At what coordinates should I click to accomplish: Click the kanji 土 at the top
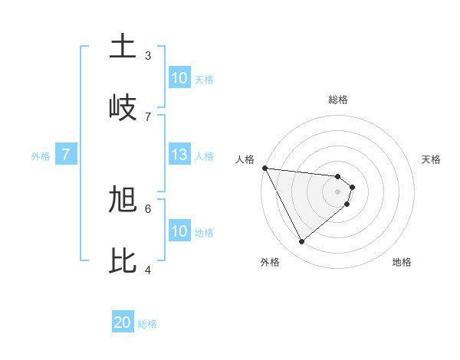(123, 47)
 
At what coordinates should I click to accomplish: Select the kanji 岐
(123, 106)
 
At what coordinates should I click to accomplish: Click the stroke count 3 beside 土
(148, 55)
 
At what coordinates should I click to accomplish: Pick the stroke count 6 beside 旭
(148, 208)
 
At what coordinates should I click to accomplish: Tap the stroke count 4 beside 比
(148, 269)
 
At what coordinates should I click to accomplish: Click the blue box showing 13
(179, 155)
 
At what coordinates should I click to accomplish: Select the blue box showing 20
(123, 323)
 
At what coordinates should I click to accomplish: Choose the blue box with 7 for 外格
(66, 155)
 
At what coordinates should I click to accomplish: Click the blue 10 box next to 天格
(179, 78)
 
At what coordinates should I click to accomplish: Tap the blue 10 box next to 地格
(179, 231)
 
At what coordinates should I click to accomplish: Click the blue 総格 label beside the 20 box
(147, 324)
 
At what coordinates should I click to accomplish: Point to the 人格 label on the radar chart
(245, 159)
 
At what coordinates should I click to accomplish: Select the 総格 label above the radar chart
(338, 100)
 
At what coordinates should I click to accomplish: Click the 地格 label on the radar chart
(402, 262)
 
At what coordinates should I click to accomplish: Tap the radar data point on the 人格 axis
(264, 168)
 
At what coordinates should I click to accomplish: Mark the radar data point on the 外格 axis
(301, 242)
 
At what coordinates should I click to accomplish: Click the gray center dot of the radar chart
(338, 191)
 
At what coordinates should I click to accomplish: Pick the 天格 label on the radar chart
(432, 159)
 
